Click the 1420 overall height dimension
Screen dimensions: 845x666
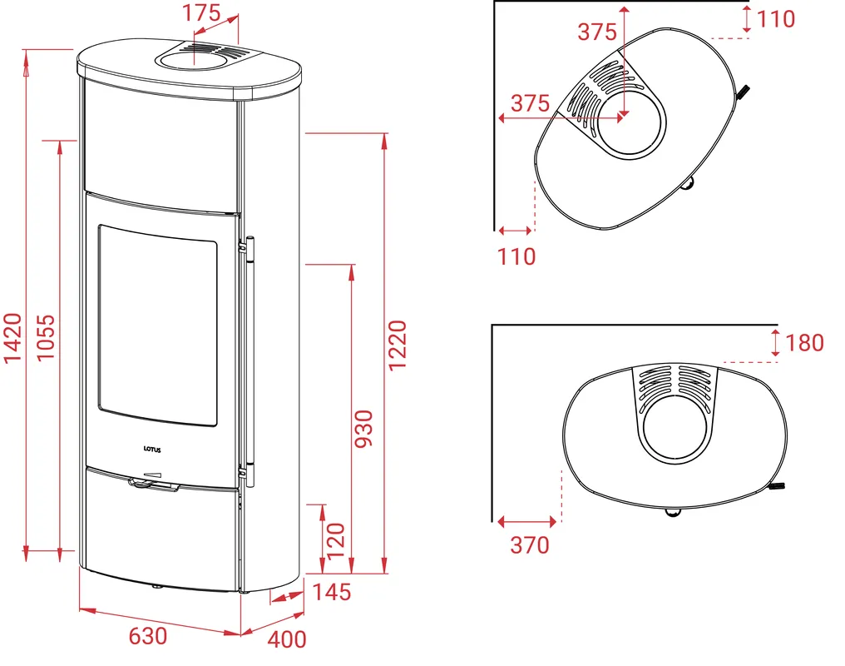(12, 338)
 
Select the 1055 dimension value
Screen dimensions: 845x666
(45, 338)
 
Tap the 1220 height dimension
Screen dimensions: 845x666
(398, 345)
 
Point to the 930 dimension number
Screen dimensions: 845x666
(363, 429)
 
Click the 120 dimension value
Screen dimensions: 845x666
(335, 541)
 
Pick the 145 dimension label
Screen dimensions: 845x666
(332, 592)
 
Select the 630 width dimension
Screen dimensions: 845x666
(148, 636)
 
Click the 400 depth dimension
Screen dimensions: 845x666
(287, 639)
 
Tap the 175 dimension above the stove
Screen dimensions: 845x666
(201, 13)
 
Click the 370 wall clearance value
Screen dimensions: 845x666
(530, 544)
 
